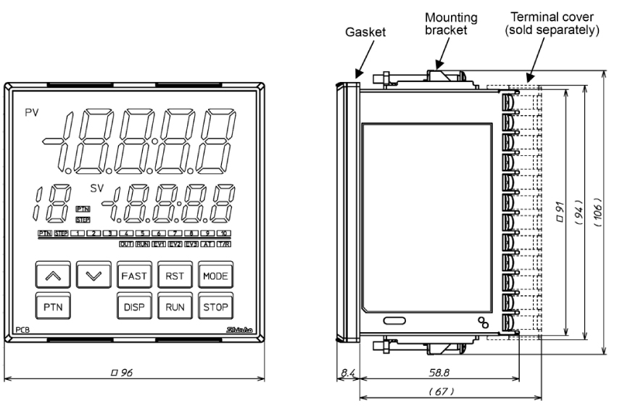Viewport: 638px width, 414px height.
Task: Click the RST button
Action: [x=173, y=276]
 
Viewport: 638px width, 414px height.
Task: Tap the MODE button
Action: [x=215, y=276]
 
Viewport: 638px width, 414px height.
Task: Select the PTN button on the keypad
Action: [x=51, y=307]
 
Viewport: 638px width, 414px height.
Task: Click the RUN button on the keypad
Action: [x=175, y=307]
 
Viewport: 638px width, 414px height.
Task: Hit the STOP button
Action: [x=215, y=307]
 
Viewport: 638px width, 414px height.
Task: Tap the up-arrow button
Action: [x=51, y=276]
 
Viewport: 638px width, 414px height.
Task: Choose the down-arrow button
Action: [x=93, y=276]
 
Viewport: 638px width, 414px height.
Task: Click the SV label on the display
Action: [x=96, y=188]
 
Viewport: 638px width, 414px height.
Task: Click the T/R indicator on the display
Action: [x=223, y=245]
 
